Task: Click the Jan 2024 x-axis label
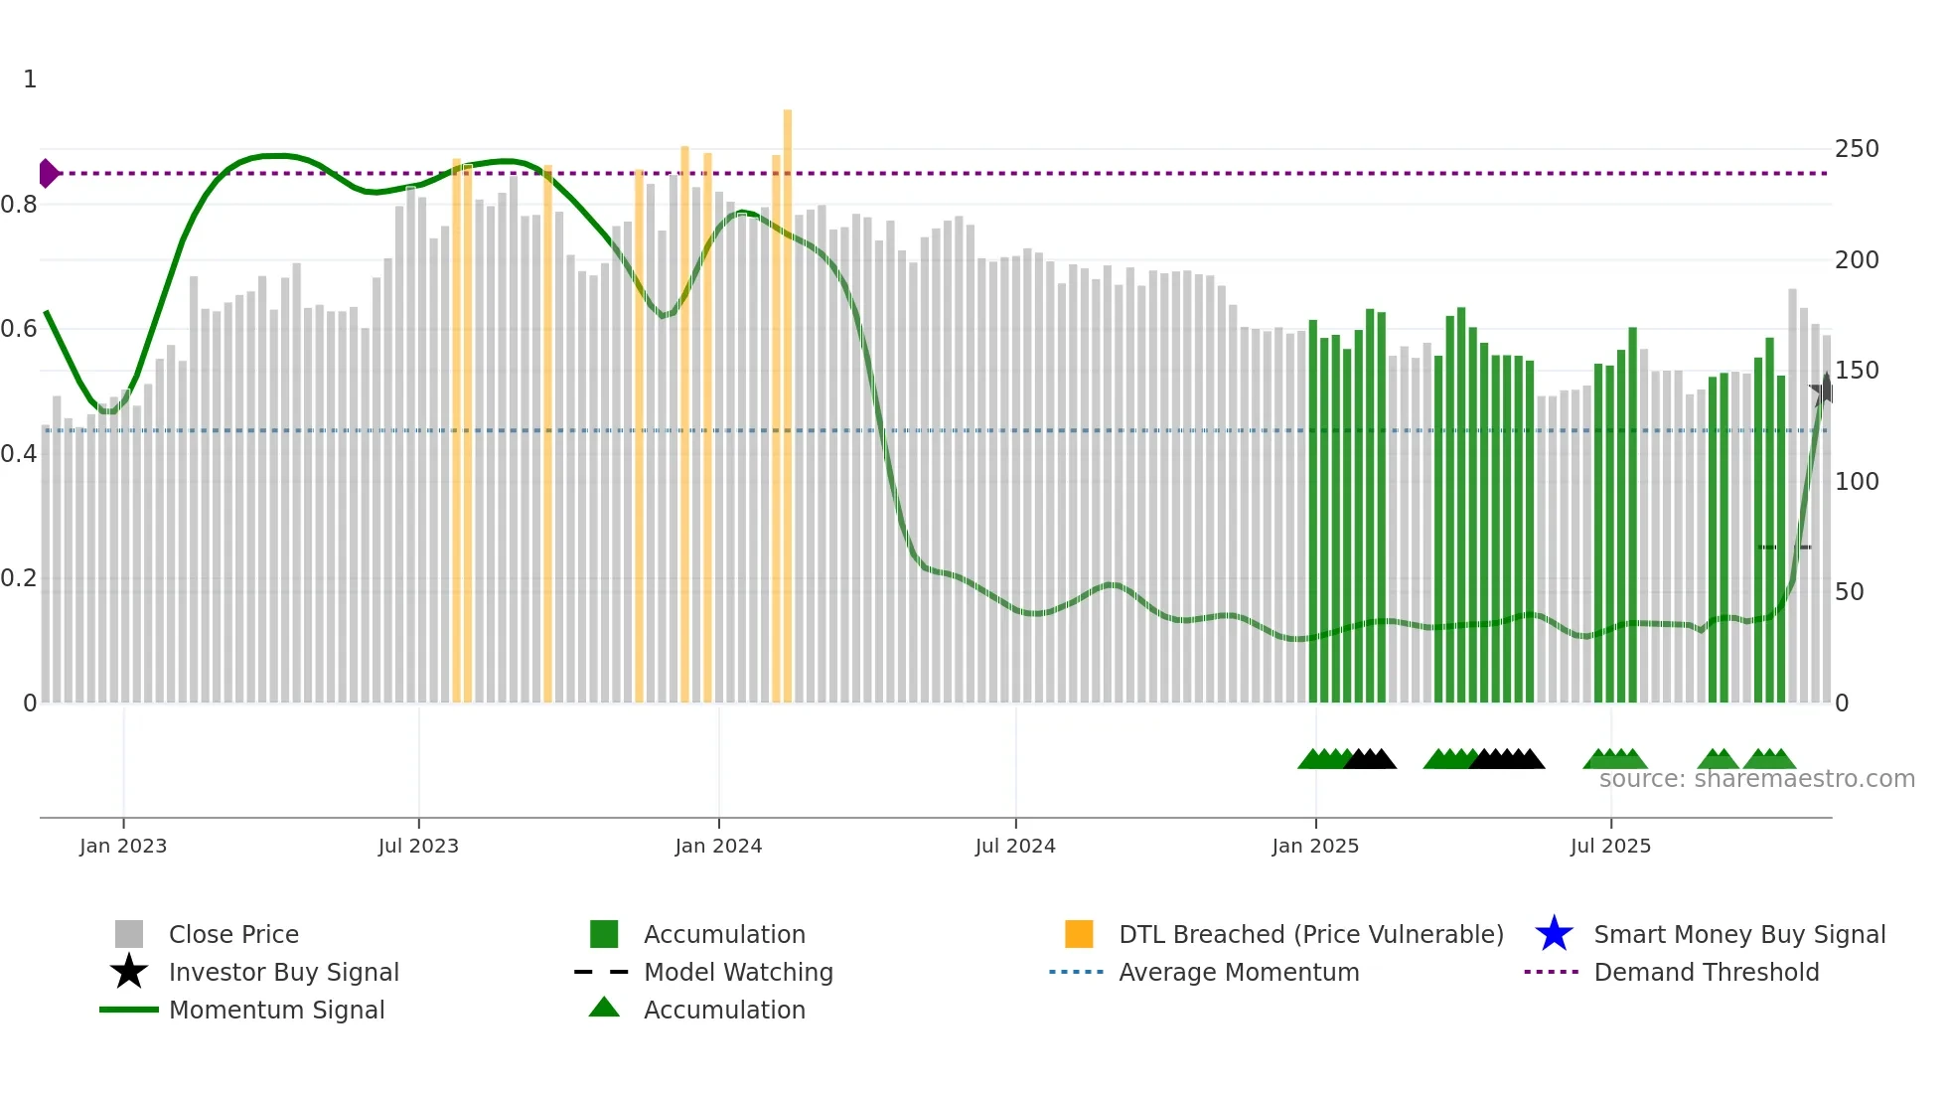click(x=718, y=846)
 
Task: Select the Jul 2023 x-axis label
click(x=418, y=846)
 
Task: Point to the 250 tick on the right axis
click(x=1857, y=149)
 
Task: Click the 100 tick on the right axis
click(x=1857, y=482)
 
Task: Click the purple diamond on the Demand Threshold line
click(x=48, y=173)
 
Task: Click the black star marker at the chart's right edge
click(x=1825, y=391)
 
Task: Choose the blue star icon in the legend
click(x=1554, y=934)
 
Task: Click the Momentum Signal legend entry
click(x=276, y=1010)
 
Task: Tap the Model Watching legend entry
click(x=738, y=972)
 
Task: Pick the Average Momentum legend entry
click(x=1239, y=972)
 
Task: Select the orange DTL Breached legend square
click(x=1079, y=934)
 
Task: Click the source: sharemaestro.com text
click(x=1756, y=779)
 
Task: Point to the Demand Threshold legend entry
click(x=1706, y=972)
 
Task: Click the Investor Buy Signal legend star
click(x=129, y=972)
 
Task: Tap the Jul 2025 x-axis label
click(x=1610, y=846)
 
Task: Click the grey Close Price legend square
click(x=129, y=934)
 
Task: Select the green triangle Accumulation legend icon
click(x=604, y=1008)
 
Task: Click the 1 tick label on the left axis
click(x=30, y=79)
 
